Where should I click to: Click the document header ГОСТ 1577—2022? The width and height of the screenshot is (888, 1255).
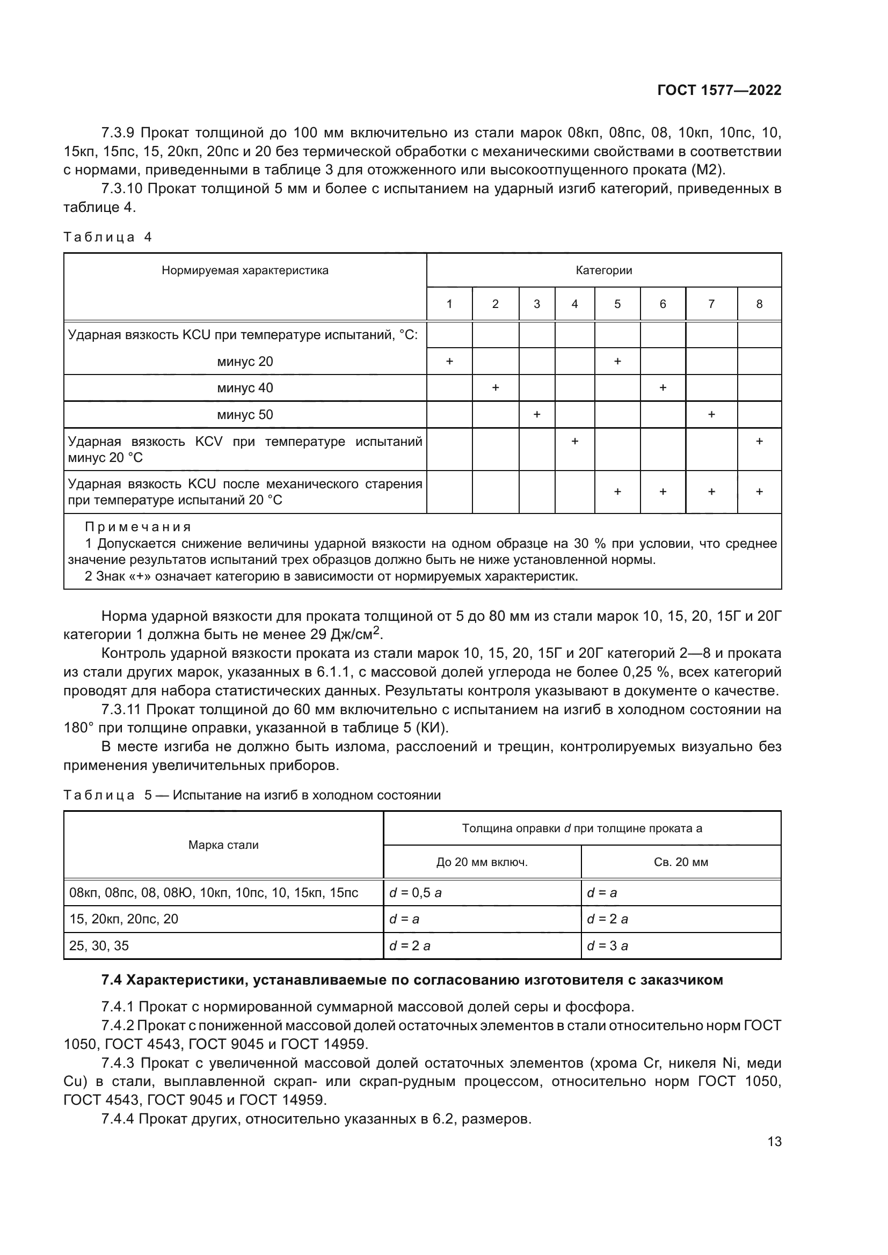[x=719, y=91]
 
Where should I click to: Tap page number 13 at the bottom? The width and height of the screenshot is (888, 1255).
[x=774, y=1142]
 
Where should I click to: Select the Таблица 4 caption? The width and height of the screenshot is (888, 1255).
[x=107, y=237]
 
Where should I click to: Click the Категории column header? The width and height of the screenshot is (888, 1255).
[x=603, y=270]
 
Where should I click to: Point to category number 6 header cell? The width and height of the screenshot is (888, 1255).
[x=663, y=304]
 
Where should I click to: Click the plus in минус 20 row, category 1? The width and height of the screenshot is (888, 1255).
[x=449, y=361]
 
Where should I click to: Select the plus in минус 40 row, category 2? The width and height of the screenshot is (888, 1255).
[x=496, y=387]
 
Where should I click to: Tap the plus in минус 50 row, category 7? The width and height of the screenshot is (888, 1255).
[x=711, y=414]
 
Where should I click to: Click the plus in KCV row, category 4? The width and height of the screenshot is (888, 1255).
[x=574, y=441]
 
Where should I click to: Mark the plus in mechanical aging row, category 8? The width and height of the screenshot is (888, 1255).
[x=759, y=492]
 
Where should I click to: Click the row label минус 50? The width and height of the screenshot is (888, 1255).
[x=245, y=415]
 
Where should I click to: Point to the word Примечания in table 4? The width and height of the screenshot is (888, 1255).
[x=138, y=527]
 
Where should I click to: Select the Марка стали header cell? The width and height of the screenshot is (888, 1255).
[x=223, y=845]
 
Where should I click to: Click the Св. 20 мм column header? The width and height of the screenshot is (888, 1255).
[x=681, y=862]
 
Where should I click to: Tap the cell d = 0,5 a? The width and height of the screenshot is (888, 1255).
[x=415, y=893]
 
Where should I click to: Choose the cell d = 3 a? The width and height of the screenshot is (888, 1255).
[x=607, y=946]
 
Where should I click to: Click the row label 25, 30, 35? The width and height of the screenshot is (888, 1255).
[x=99, y=946]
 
